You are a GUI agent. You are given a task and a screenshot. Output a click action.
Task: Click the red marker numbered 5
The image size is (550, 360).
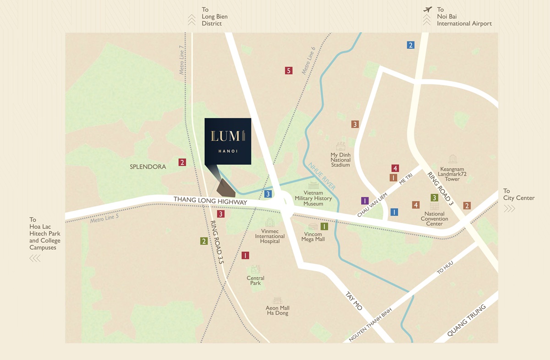[288, 71]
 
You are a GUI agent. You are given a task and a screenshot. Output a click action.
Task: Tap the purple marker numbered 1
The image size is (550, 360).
[365, 201]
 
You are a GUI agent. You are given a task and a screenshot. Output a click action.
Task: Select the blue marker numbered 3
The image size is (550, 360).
[268, 194]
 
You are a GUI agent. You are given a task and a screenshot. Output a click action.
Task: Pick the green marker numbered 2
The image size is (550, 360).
[203, 241]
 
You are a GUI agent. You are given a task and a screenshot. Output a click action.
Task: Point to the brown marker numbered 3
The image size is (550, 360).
[355, 124]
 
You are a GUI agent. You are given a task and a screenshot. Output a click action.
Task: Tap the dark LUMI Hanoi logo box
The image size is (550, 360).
[228, 141]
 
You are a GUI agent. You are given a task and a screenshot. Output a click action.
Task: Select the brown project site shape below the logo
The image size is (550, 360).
[225, 188]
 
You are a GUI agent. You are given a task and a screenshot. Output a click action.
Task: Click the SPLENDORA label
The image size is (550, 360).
[148, 167]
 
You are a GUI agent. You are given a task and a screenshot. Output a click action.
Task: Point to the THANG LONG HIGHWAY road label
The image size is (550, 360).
[210, 202]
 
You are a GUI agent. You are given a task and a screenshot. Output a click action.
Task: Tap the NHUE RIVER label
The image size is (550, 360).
[322, 176]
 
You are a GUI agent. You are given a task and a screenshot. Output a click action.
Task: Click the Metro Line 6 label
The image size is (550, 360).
[308, 60]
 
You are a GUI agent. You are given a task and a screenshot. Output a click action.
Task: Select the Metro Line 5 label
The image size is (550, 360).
[104, 219]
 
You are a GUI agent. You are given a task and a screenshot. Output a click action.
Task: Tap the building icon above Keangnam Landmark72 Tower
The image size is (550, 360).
[452, 159]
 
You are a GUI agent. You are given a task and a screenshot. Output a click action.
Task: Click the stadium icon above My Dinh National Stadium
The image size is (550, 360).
[341, 146]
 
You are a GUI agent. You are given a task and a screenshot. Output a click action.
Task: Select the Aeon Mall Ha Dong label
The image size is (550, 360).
[277, 311]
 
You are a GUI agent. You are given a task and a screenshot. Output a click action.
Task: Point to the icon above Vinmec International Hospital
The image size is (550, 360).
[269, 223]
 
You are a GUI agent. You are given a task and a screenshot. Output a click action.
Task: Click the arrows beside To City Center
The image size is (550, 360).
[509, 209]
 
